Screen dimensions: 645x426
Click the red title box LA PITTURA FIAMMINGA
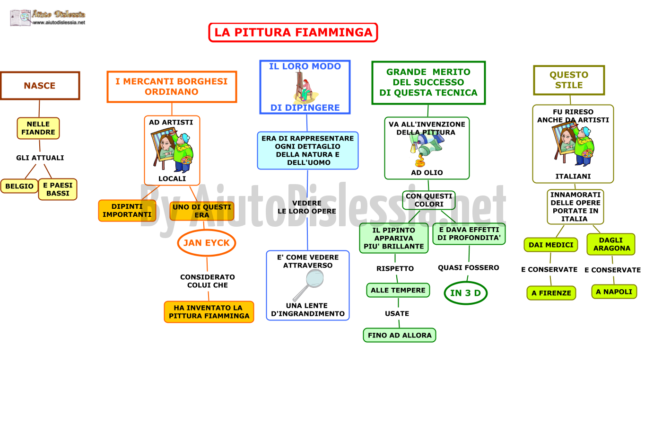(293, 32)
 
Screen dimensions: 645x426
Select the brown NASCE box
(40, 86)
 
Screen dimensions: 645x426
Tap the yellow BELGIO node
(19, 186)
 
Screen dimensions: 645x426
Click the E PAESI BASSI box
(58, 189)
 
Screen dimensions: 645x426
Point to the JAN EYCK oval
(207, 243)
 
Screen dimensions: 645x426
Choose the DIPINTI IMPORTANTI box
(127, 211)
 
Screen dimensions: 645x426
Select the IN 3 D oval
(466, 293)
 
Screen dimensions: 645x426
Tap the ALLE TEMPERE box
(398, 290)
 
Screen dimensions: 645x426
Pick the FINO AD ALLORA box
(400, 335)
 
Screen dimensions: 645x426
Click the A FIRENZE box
(551, 293)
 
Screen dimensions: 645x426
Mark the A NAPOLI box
(614, 292)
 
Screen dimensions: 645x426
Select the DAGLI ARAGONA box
(611, 244)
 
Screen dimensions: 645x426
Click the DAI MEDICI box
(551, 245)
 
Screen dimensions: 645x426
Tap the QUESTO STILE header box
(569, 80)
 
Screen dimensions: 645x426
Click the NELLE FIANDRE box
(38, 128)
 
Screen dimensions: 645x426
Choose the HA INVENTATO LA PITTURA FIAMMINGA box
(209, 312)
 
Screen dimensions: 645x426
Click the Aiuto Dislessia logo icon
(20, 18)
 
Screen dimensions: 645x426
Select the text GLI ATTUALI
(40, 158)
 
